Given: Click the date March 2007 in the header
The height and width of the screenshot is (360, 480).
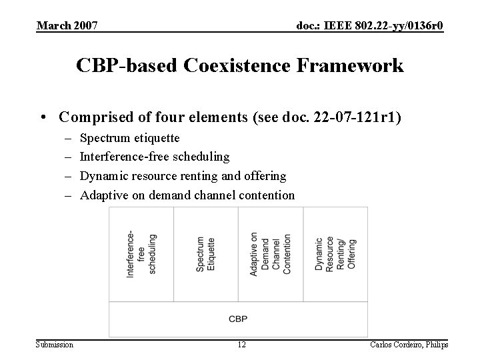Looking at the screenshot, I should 67,26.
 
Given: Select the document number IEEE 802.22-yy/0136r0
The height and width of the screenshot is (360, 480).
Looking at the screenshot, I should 369,26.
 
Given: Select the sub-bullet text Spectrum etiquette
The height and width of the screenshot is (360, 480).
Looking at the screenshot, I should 129,138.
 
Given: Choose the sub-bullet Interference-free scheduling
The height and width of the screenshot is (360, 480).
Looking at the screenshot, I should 155,157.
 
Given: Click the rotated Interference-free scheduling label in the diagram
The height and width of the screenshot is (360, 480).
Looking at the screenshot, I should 141,254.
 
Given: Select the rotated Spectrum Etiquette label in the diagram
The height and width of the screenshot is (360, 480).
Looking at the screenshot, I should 205,253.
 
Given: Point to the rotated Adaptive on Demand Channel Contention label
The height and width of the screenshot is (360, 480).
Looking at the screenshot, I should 270,253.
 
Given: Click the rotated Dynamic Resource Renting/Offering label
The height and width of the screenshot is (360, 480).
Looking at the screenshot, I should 335,253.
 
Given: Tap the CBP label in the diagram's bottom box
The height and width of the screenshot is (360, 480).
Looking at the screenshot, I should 238,319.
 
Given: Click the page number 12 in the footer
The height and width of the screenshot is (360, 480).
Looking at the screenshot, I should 242,344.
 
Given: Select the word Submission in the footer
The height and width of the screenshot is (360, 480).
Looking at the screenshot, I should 55,344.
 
